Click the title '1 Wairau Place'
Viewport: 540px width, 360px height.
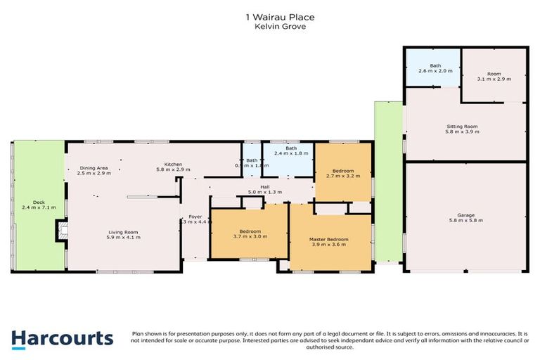click(269, 16)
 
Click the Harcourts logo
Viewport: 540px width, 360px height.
click(62, 338)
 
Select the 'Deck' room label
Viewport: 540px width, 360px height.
click(33, 201)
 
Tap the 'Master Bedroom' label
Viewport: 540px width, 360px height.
click(329, 240)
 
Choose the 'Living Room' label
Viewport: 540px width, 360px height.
click(124, 232)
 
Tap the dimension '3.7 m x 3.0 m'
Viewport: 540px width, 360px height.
click(250, 237)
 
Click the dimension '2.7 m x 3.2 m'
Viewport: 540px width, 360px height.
click(342, 176)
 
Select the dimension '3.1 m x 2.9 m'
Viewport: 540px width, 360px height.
click(493, 79)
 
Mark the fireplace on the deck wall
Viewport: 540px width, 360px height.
click(60, 231)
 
